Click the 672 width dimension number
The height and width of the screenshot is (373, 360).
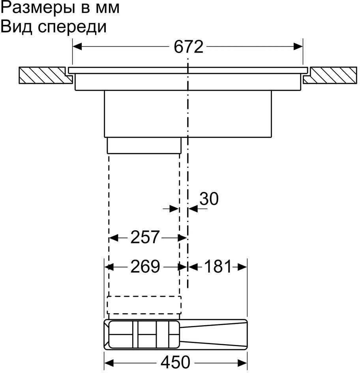click(x=188, y=47)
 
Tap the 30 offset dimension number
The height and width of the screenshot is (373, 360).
click(x=209, y=199)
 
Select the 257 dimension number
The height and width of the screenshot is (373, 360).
click(x=145, y=237)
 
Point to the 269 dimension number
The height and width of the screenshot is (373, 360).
click(x=145, y=266)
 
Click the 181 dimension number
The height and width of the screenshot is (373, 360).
click(x=218, y=266)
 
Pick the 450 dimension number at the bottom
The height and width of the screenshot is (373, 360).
click(x=176, y=362)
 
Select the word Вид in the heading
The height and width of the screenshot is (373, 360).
click(x=16, y=26)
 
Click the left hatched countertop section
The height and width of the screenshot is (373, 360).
click(x=45, y=75)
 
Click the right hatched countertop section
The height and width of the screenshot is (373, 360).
click(x=330, y=75)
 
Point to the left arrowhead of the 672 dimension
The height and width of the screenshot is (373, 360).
click(x=77, y=47)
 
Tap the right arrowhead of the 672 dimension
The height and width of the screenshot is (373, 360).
click(x=298, y=47)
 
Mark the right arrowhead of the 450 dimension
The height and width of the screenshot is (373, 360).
click(x=243, y=363)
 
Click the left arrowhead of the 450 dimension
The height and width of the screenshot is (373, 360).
click(x=109, y=363)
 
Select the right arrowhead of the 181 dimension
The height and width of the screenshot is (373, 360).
click(x=242, y=267)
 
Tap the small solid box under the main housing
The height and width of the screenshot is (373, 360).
click(x=144, y=145)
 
